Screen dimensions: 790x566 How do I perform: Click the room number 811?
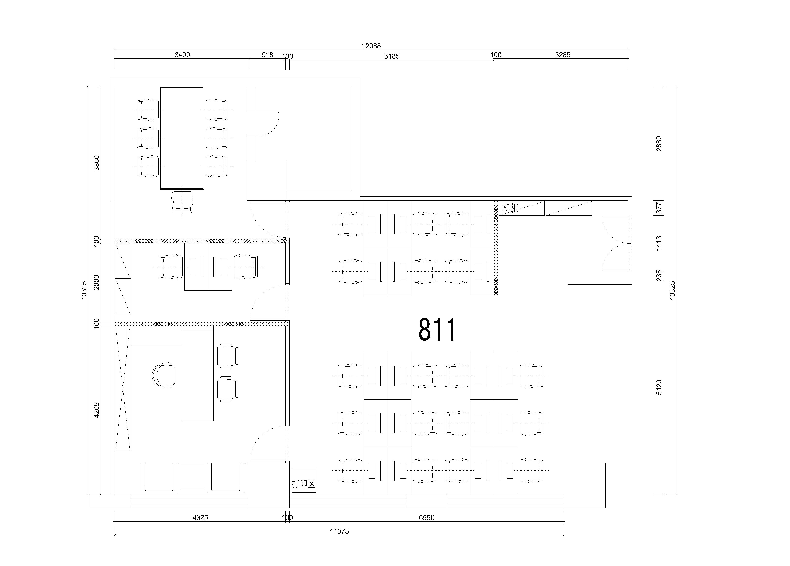pos(437,329)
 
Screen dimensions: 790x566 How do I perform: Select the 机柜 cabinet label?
pos(511,208)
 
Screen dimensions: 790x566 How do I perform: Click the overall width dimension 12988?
pos(371,46)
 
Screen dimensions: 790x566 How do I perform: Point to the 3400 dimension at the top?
pos(182,55)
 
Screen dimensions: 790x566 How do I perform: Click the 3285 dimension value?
pos(563,55)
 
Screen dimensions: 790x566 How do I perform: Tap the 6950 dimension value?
pos(427,518)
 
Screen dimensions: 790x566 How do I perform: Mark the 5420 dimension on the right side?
pos(659,387)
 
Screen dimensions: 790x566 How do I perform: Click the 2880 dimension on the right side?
pos(659,144)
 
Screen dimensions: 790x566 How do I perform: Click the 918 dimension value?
pos(268,55)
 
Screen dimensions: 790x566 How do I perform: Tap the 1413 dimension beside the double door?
pos(659,243)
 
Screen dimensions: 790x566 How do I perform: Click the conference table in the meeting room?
pos(182,138)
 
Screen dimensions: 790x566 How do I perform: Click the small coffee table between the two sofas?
pos(192,476)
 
